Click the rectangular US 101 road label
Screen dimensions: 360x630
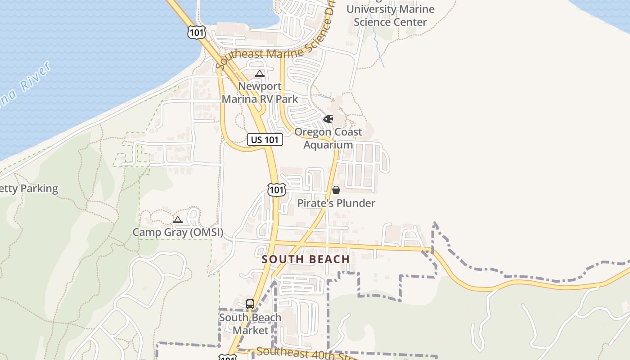click(x=265, y=139)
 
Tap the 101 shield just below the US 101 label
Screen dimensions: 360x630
click(x=276, y=189)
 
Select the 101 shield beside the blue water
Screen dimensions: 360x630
click(x=197, y=32)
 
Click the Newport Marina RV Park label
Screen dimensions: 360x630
click(x=260, y=93)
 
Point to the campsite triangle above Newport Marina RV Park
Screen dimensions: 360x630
click(x=260, y=74)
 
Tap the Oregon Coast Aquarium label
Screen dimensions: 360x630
click(x=328, y=138)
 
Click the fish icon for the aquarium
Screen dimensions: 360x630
click(x=328, y=119)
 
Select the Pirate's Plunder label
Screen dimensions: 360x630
click(x=336, y=203)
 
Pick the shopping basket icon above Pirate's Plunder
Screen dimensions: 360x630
click(x=336, y=190)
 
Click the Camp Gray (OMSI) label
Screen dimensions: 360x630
click(x=178, y=233)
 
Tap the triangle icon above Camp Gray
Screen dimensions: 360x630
click(x=178, y=220)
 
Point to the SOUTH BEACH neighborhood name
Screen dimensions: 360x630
click(x=306, y=259)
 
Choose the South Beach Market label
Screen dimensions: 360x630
click(x=250, y=324)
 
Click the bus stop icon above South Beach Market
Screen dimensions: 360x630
click(x=250, y=304)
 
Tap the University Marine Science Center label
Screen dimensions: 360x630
click(x=390, y=15)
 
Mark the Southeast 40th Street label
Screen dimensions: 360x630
click(x=306, y=354)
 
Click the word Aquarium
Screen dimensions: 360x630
click(x=328, y=145)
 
